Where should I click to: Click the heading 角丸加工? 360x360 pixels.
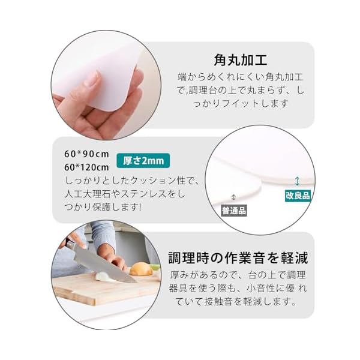[241, 60]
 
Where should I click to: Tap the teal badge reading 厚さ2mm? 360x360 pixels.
[143, 160]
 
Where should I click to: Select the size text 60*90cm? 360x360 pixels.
[86, 154]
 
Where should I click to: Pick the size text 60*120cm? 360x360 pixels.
[86, 167]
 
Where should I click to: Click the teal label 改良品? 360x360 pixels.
[298, 196]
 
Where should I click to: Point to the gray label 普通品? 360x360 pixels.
[234, 211]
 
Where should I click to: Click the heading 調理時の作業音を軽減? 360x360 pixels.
[238, 258]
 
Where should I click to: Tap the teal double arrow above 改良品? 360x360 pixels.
[297, 181]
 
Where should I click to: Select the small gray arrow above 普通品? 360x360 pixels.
[233, 197]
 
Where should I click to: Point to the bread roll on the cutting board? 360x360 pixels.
[141, 269]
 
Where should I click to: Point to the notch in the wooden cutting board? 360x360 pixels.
[74, 293]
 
